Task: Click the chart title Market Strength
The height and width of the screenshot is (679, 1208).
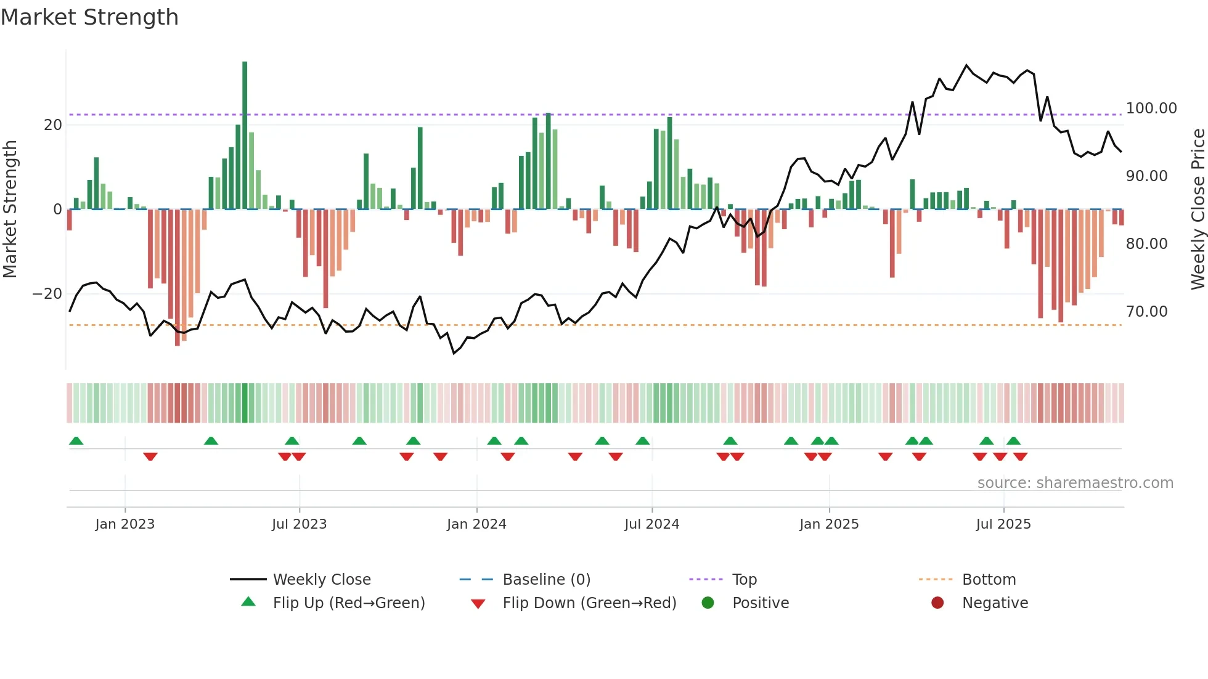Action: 89,17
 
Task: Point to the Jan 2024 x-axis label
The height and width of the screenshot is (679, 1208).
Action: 476,524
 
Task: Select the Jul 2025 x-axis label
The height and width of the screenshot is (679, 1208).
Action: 1003,524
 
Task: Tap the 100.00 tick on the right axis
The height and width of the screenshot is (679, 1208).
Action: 1151,108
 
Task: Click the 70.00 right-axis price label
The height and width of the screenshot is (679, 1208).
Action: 1146,312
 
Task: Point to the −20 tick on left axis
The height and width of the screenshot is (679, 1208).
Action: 47,294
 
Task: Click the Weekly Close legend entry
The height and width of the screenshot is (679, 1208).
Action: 322,580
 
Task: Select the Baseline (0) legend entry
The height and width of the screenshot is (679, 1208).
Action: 546,580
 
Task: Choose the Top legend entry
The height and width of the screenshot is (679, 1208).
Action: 744,580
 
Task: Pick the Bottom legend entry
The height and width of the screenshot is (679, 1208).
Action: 989,580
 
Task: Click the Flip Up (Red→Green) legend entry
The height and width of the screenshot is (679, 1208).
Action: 349,603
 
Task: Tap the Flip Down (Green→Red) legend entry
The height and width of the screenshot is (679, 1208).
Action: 589,603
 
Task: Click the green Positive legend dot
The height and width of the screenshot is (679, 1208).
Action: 708,603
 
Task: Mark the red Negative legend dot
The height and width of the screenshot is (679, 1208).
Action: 937,603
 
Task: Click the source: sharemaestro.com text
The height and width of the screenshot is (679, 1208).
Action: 1075,483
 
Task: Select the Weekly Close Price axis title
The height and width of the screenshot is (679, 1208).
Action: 1198,209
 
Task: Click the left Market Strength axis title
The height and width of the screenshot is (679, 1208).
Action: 10,209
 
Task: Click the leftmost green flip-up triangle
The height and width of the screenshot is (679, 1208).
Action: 76,441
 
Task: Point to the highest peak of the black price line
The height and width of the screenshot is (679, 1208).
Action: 966,65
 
